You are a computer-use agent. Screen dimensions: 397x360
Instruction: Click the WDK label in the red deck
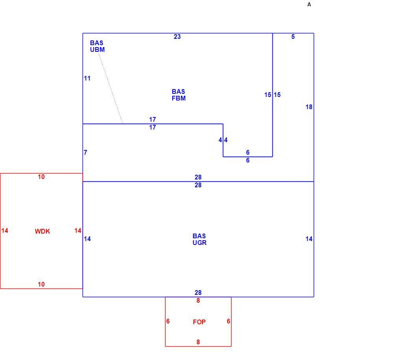tap(42, 231)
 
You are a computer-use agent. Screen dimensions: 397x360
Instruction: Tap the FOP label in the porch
tap(199, 322)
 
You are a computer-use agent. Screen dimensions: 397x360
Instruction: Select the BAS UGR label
tap(200, 239)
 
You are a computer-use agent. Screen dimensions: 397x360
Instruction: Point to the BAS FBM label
tap(179, 95)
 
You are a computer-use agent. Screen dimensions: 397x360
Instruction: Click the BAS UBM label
tap(97, 46)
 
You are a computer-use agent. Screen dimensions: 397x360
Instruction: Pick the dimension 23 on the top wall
tap(177, 37)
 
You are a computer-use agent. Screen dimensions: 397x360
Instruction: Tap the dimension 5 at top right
tap(293, 37)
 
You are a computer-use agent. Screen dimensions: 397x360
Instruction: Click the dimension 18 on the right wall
tap(309, 107)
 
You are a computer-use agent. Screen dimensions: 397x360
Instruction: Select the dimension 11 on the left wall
tap(87, 79)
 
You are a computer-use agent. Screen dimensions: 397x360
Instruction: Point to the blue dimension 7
tap(86, 152)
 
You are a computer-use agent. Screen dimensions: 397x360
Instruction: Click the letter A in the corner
tap(309, 5)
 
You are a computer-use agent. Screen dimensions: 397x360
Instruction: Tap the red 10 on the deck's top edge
tap(41, 177)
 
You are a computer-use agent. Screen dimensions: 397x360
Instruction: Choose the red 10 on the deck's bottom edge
tap(41, 284)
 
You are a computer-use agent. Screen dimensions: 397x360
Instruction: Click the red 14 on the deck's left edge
tap(5, 230)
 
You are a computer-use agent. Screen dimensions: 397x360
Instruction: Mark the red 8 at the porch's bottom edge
tap(198, 342)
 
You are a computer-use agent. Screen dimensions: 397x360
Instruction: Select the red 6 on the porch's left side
tap(168, 321)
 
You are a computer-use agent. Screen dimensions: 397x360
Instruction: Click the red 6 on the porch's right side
tap(228, 321)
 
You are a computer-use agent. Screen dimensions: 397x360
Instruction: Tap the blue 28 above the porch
tap(198, 292)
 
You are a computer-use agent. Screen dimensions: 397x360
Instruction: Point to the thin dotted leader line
tap(110, 88)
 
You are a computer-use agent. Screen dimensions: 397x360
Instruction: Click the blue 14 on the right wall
tap(309, 239)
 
